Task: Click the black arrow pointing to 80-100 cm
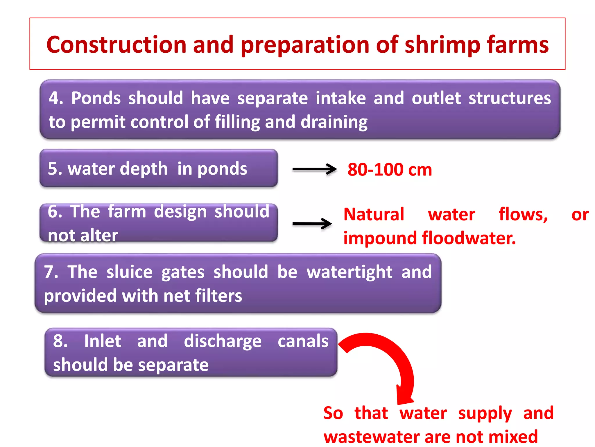coord(314,169)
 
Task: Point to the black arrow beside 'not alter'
coord(312,224)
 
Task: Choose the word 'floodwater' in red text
coord(468,238)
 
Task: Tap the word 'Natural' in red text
coord(374,214)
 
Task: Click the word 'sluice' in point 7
coord(129,272)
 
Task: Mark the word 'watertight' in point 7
coord(350,272)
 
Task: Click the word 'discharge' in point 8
coord(223,341)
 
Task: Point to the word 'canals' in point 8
coord(303,341)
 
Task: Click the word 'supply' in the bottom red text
coord(485,413)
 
